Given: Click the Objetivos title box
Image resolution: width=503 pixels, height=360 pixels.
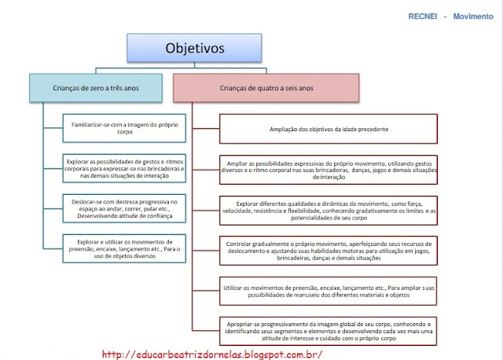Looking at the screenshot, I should coord(194,48).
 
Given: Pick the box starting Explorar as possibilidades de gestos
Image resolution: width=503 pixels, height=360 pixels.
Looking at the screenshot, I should coord(126,167).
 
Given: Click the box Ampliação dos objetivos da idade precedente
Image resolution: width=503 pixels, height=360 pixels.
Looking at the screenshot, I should coord(328,128).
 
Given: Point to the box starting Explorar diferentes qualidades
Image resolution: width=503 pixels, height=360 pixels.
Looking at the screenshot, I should coord(328,211).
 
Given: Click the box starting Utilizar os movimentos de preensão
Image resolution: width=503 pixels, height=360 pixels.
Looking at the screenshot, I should coord(328,292).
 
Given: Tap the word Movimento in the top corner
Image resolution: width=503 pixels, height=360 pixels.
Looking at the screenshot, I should coord(473,16).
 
